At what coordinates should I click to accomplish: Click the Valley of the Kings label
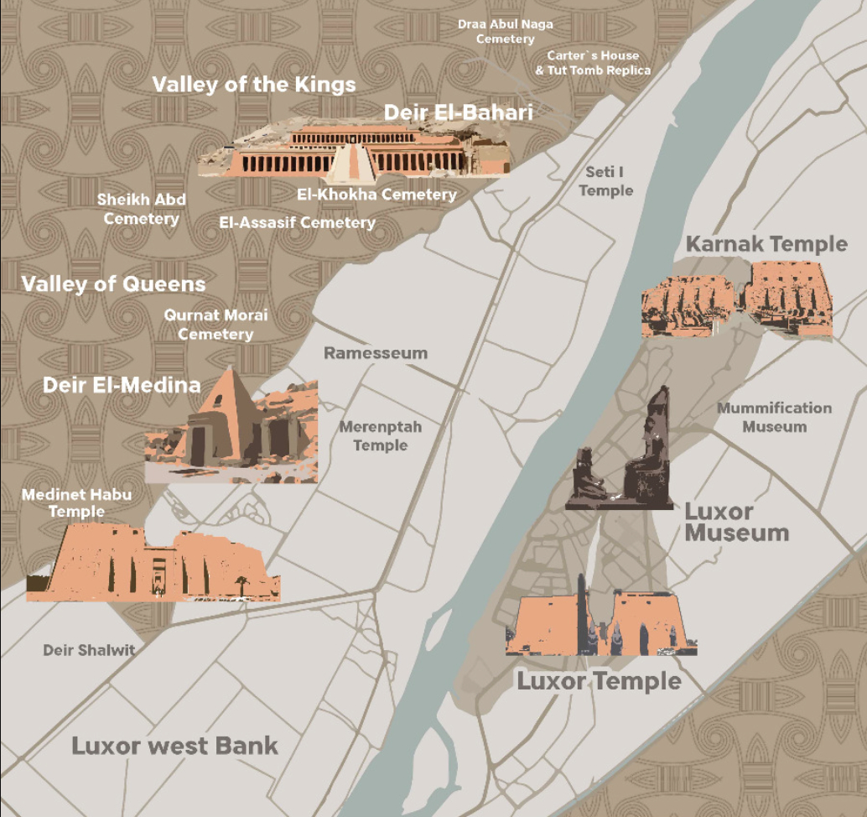[254, 85]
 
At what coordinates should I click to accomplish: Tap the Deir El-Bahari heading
[458, 112]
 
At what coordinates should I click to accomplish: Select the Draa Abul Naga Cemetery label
[505, 31]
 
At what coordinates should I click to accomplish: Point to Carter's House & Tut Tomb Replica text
[593, 63]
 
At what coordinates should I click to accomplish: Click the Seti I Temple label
[605, 181]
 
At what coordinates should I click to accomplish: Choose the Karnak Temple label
[766, 244]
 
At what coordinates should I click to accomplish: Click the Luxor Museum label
[736, 522]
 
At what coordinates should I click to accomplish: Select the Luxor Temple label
[599, 680]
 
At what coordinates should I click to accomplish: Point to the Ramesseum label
[376, 353]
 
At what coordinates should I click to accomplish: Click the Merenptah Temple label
[380, 436]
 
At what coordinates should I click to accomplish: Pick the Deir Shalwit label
[89, 650]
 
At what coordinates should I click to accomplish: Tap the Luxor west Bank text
[174, 746]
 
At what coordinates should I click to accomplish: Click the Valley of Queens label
[113, 284]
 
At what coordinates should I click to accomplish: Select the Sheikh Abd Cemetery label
[141, 209]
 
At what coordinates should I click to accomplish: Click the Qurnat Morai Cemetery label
[215, 325]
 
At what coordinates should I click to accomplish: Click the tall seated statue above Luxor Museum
[652, 445]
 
